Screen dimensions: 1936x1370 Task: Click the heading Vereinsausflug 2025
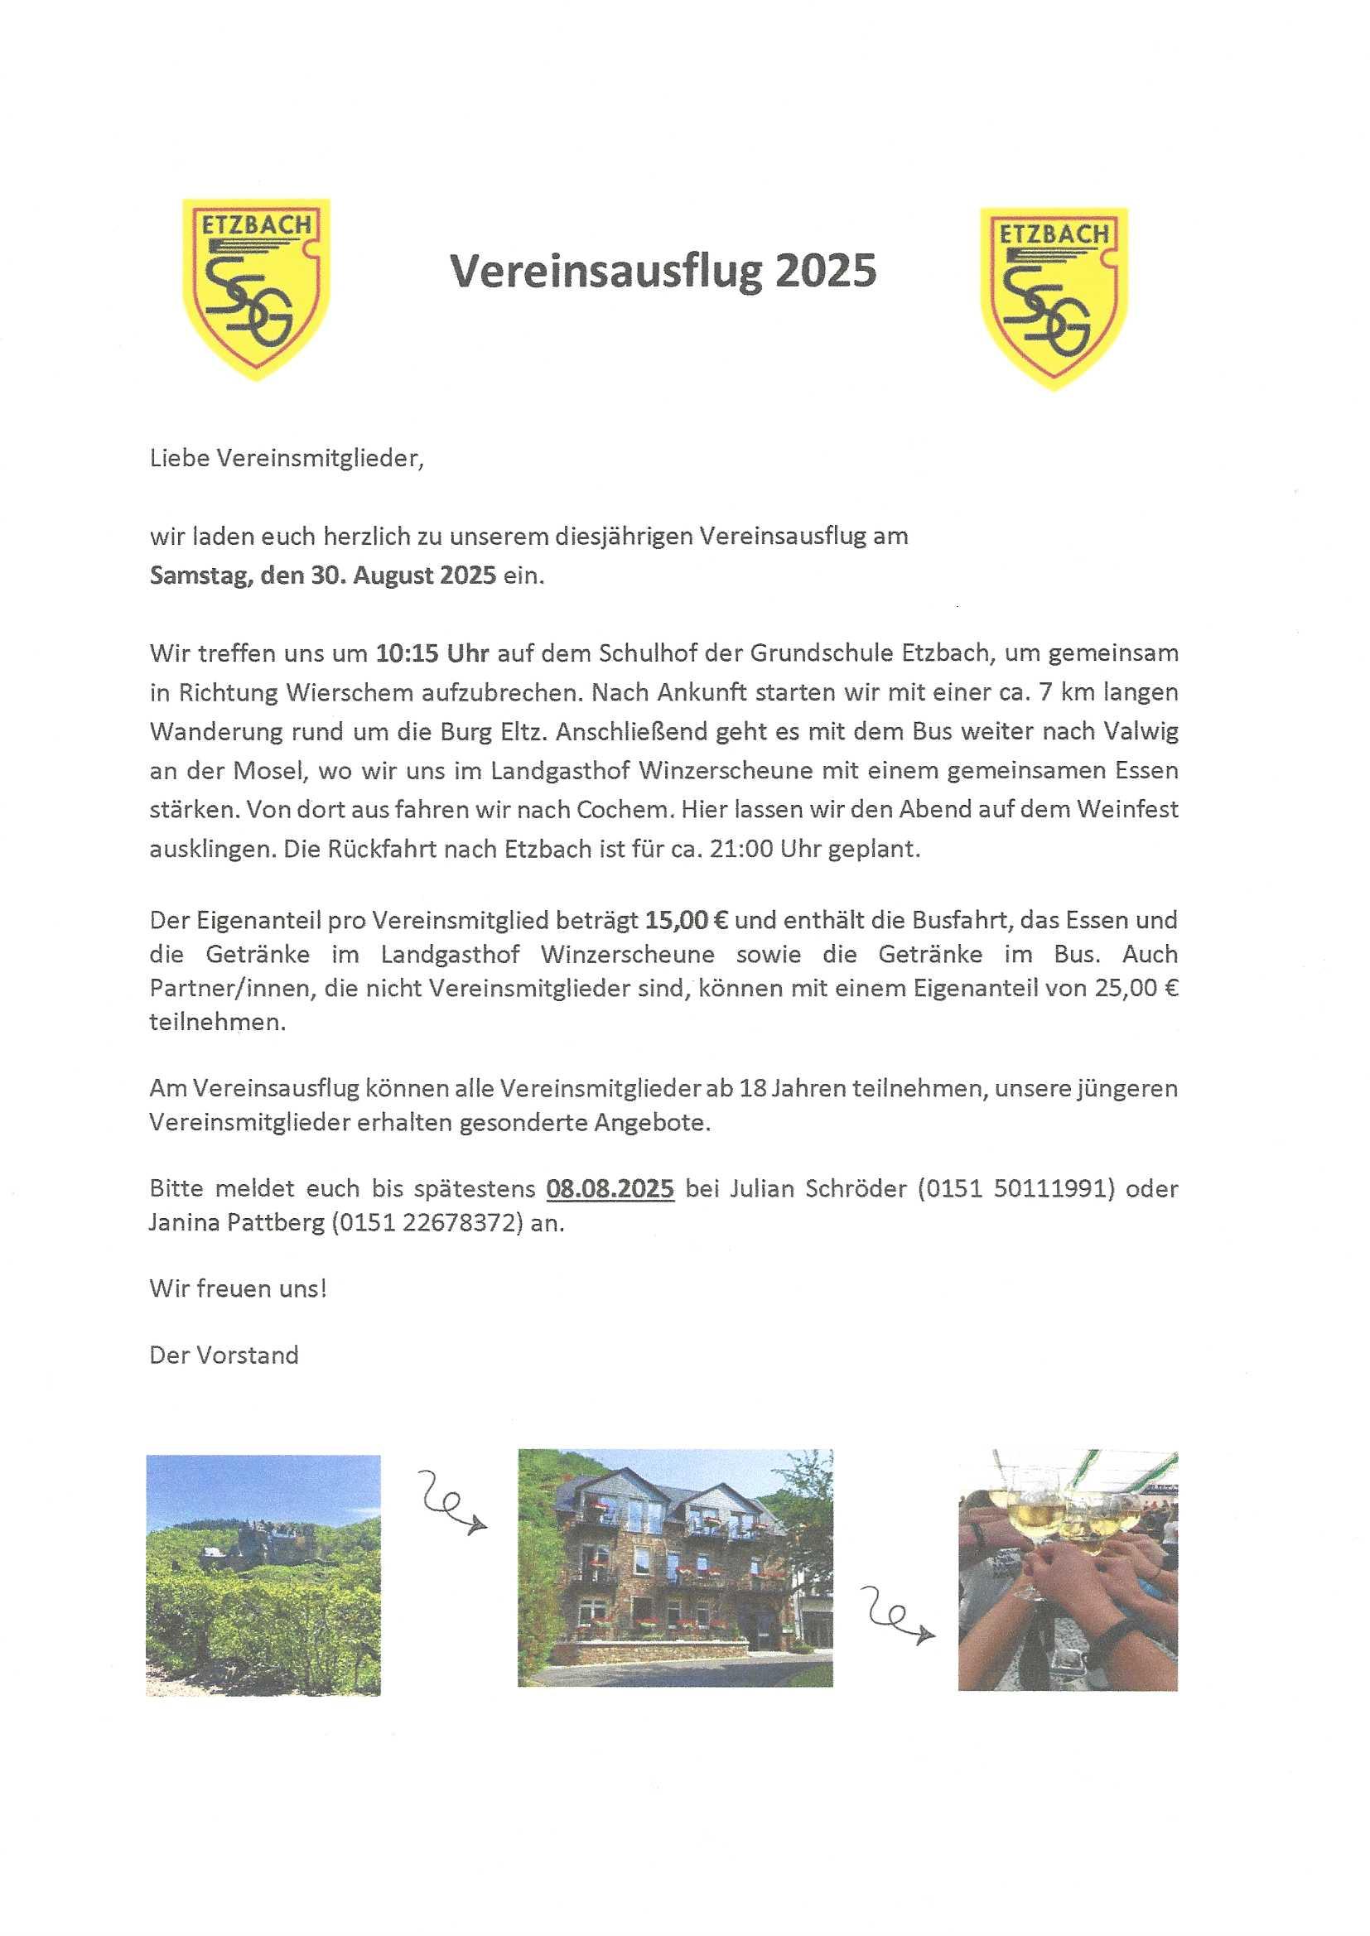[663, 272]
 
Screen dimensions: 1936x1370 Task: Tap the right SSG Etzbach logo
[1054, 296]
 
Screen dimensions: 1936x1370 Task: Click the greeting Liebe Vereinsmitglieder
[285, 459]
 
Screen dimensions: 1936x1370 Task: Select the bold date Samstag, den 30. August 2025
[323, 576]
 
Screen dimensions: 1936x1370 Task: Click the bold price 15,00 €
[686, 920]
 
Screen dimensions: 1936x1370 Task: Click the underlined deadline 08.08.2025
[610, 1189]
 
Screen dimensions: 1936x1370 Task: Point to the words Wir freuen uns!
[238, 1289]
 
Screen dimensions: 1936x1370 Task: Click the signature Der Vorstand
[224, 1355]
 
